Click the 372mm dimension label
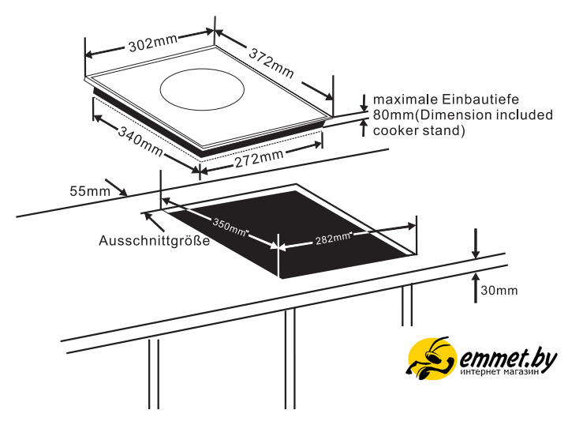272,63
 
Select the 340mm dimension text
139,141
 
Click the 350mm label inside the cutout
230,226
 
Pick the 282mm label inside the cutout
332,238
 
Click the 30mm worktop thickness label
499,291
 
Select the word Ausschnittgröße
154,241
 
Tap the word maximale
403,100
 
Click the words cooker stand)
419,130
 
